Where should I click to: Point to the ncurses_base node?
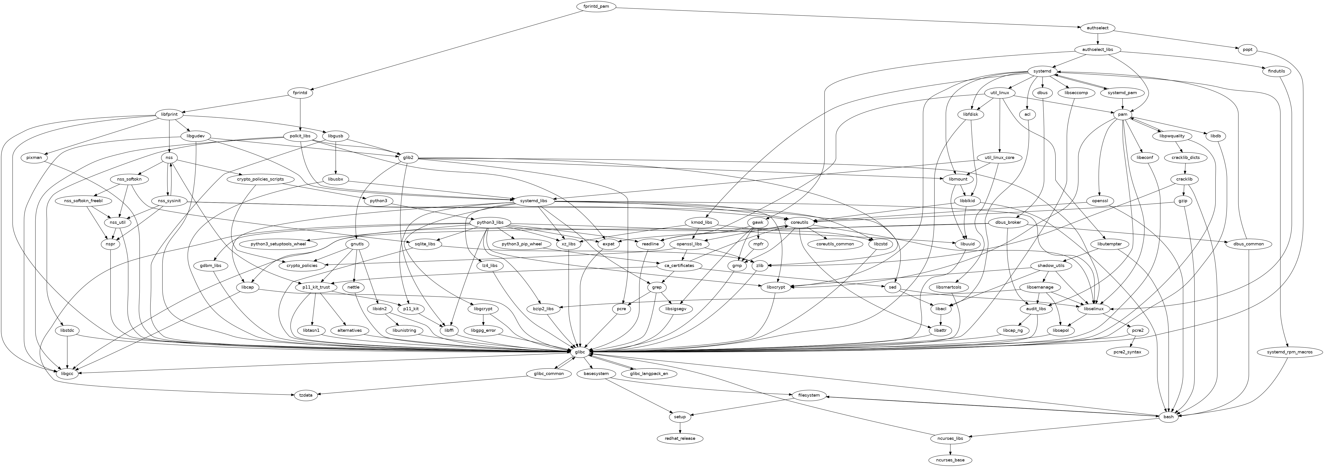(950, 460)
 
